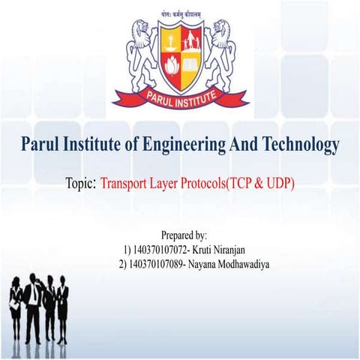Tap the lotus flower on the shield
tap(170, 67)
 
